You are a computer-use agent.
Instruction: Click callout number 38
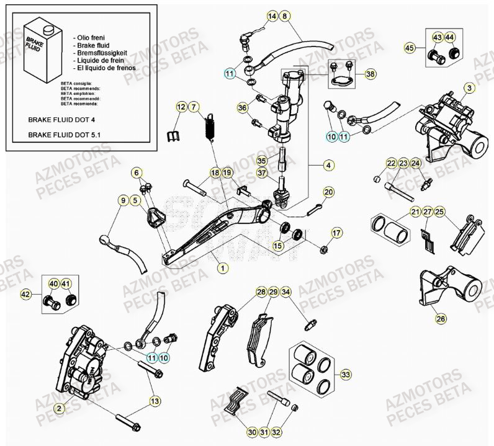(370, 74)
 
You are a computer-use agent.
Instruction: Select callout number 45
(409, 48)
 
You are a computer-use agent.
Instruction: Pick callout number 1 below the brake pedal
(222, 268)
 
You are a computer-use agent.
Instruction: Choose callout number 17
(336, 233)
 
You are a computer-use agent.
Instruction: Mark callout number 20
(328, 192)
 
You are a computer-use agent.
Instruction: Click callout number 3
(470, 88)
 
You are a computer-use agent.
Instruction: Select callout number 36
(243, 107)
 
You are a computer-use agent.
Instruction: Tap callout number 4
(328, 166)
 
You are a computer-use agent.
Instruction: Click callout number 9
(123, 200)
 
